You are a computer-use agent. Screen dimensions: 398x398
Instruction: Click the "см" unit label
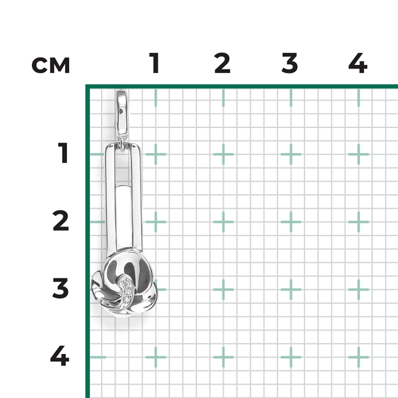(51, 65)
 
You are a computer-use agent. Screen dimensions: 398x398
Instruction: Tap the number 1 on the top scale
(154, 63)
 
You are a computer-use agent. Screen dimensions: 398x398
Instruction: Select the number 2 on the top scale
(222, 63)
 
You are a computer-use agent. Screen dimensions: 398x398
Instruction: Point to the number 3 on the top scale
(290, 63)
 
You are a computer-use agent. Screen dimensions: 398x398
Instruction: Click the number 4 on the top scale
(358, 63)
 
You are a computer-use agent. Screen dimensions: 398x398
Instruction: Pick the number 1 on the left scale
(63, 153)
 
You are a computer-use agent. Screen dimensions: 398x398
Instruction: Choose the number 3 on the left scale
(60, 288)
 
